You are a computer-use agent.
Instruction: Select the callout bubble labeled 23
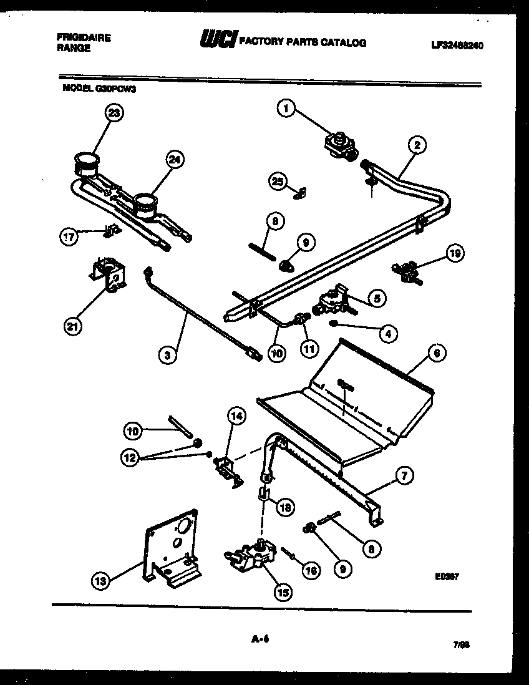[x=114, y=112]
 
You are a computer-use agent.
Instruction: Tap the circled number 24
[x=177, y=160]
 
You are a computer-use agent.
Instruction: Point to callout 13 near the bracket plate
[x=99, y=581]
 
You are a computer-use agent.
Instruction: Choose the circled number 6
[x=437, y=354]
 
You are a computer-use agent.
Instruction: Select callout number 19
[x=455, y=253]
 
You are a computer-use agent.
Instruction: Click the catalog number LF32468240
[x=458, y=46]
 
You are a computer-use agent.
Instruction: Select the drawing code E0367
[x=447, y=577]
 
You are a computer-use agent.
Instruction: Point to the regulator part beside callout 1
[x=339, y=145]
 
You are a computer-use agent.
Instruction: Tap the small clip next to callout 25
[x=299, y=193]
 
